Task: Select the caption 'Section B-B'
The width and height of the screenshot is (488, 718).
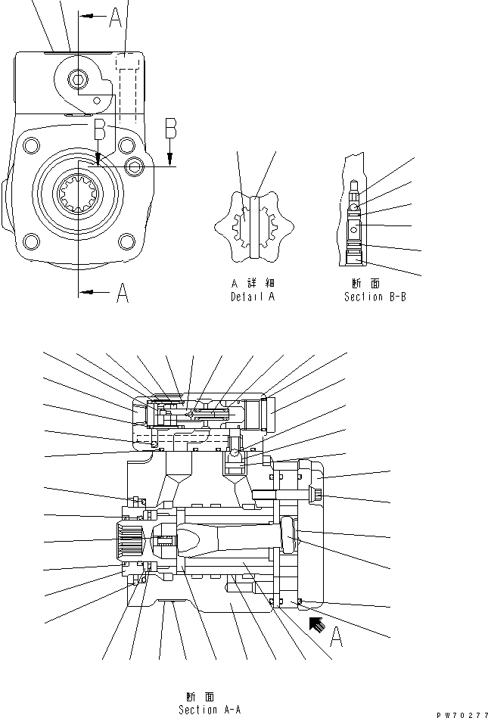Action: pyautogui.click(x=375, y=297)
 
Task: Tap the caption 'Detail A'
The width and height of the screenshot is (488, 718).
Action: pyautogui.click(x=252, y=297)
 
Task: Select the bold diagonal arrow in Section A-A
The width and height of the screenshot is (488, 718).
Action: pyautogui.click(x=315, y=623)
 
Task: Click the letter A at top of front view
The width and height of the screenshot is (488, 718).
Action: pyautogui.click(x=114, y=17)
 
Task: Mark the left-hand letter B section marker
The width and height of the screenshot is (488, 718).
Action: pyautogui.click(x=98, y=130)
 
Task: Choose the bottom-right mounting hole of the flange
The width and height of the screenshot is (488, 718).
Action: pyautogui.click(x=126, y=242)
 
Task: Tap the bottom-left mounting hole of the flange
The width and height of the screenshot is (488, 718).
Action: pyautogui.click(x=31, y=242)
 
